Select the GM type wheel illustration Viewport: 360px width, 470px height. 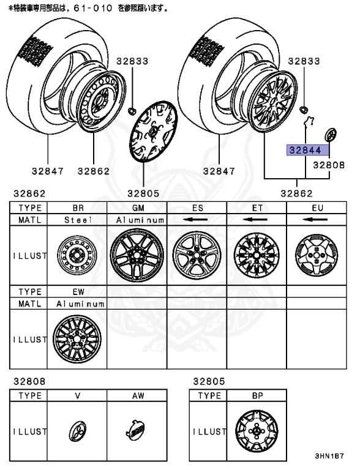click(137, 255)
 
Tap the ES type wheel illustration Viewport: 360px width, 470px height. click(197, 255)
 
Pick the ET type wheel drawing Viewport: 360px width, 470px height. click(257, 255)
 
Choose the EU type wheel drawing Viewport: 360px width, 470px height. click(317, 255)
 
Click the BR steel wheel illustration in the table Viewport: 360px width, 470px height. click(78, 255)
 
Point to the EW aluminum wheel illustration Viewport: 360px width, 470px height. click(78, 338)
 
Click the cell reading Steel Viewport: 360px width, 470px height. click(78, 219)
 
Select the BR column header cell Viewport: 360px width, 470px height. click(78, 208)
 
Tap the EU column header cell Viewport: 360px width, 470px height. click(317, 208)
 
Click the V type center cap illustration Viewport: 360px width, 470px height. click(78, 431)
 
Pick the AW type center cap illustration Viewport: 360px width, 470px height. click(137, 431)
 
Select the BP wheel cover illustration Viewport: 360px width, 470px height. click(257, 431)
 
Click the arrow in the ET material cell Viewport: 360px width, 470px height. click(257, 219)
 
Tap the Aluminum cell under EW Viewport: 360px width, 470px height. click(78, 303)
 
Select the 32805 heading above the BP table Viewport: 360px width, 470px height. click(209, 381)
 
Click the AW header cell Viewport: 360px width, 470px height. click(137, 395)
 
